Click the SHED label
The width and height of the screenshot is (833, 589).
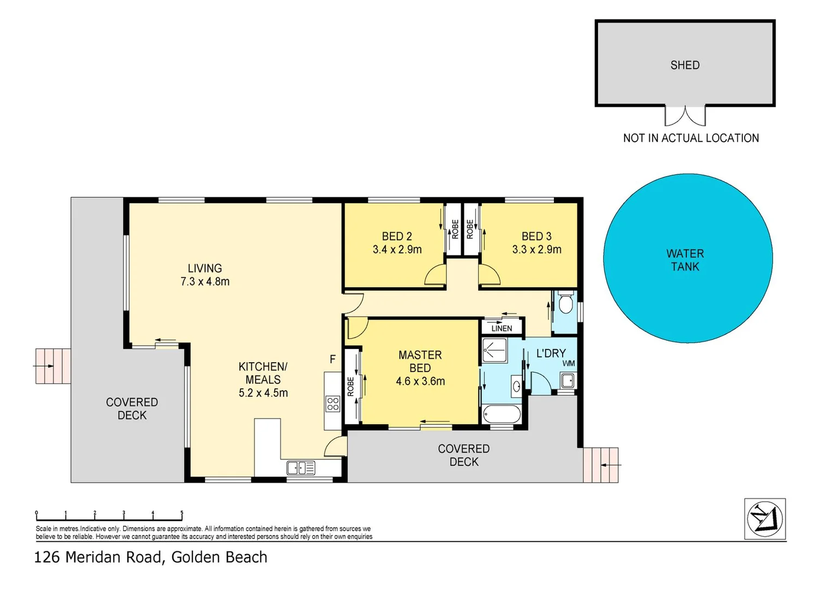click(685, 65)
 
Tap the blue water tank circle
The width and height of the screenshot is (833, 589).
click(688, 258)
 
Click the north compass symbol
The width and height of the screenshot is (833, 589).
click(765, 519)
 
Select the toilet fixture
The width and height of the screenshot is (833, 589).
click(566, 303)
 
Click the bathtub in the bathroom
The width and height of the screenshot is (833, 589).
click(502, 414)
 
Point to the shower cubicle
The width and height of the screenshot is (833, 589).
click(494, 350)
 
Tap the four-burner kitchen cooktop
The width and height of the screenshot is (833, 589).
click(333, 404)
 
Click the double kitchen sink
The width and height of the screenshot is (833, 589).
click(301, 468)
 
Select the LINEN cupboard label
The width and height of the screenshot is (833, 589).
click(502, 328)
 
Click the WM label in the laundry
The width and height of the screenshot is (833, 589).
click(569, 364)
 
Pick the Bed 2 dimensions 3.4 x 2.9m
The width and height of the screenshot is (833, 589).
click(397, 249)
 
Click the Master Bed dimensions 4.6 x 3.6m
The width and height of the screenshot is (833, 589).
click(420, 381)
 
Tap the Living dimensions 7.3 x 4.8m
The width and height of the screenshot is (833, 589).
click(205, 281)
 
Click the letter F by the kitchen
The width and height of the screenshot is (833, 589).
click(333, 359)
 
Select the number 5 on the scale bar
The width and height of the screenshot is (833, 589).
click(182, 513)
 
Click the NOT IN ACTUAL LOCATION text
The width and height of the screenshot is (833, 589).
click(691, 138)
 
